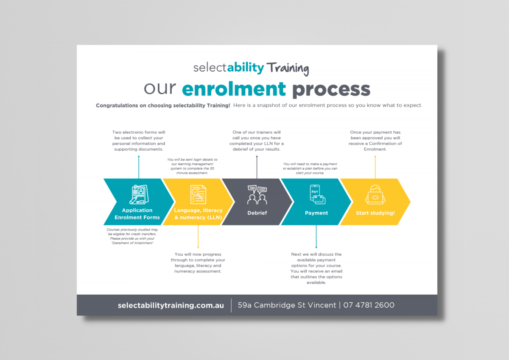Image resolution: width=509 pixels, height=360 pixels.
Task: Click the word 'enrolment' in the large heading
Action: coord(234,89)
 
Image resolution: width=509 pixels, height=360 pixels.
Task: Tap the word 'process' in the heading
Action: coord(331,89)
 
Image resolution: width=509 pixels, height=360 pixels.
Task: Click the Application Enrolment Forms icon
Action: coord(139,194)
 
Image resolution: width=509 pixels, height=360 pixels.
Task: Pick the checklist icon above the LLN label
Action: coord(198,194)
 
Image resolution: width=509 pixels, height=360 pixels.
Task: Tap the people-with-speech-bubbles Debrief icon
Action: coord(257,195)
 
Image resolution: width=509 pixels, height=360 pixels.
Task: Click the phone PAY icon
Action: coord(316,194)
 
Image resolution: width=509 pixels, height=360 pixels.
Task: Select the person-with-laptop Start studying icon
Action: coord(375,194)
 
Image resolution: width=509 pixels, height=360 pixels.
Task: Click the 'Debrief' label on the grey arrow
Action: coord(257,213)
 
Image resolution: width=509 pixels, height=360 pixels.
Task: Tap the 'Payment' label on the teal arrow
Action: coord(316,213)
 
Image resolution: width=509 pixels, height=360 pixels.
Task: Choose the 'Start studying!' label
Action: coord(375,213)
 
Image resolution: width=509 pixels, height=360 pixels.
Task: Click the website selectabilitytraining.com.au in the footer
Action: coord(171,305)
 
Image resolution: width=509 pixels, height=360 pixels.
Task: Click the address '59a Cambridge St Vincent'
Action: coord(287,305)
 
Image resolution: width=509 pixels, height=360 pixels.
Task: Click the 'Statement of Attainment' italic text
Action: coord(131,242)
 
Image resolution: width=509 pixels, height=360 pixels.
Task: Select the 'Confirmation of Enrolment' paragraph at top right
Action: coord(375,141)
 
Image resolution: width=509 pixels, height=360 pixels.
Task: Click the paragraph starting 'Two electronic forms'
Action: coord(139,141)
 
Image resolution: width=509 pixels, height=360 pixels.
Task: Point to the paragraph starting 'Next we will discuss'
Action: coord(316,268)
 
